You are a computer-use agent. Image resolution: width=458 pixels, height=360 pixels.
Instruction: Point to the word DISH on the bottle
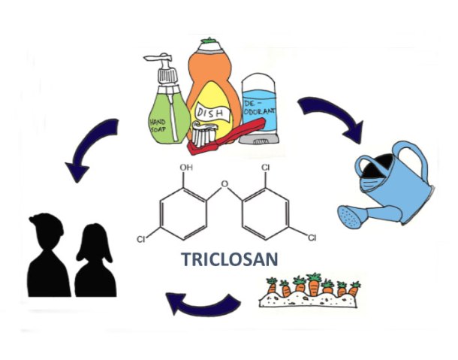coord(208,112)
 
